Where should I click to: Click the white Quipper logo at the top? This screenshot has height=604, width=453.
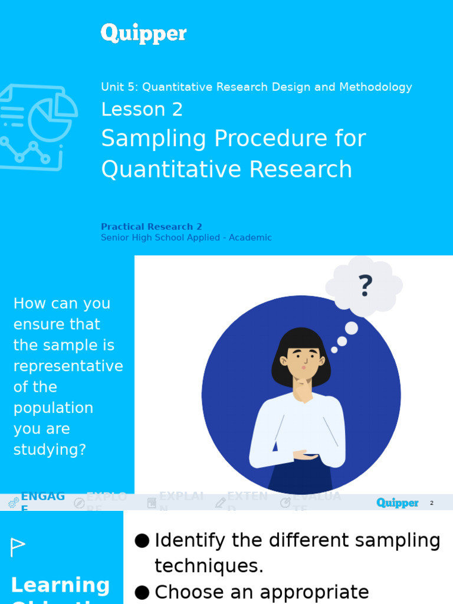(x=143, y=34)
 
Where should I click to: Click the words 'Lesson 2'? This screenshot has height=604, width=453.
(x=142, y=110)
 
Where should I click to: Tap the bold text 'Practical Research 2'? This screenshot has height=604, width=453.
(x=152, y=226)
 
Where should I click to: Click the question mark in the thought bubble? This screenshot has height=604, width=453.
(x=365, y=287)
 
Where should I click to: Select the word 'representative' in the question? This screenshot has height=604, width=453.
(x=68, y=366)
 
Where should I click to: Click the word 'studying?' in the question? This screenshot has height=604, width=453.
(x=50, y=450)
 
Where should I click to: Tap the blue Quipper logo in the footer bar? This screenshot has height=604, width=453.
(x=397, y=503)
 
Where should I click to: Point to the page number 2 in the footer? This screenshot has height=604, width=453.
(x=432, y=503)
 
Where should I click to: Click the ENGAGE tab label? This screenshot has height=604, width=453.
(x=42, y=497)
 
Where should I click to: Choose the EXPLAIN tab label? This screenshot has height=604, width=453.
(x=181, y=497)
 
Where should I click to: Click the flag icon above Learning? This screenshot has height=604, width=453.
(x=18, y=547)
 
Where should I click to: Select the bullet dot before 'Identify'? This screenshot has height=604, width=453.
(x=142, y=541)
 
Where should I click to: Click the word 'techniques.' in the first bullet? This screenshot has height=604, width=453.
(x=209, y=566)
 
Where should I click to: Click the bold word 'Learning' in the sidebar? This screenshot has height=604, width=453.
(x=60, y=585)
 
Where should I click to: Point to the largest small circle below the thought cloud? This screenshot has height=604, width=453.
(x=352, y=328)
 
